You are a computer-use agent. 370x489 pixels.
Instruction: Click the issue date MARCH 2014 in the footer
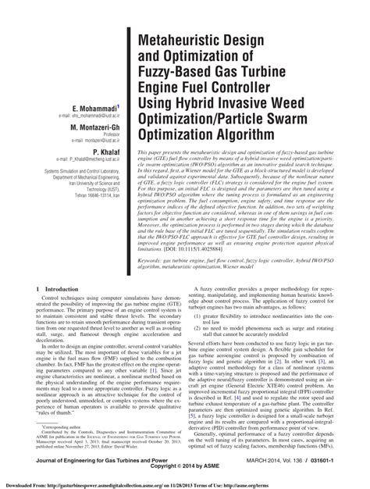[265, 463]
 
